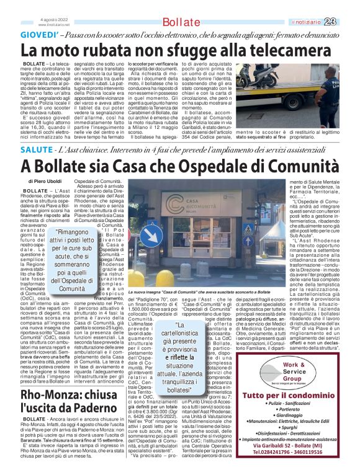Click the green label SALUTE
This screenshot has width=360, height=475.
click(36, 151)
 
